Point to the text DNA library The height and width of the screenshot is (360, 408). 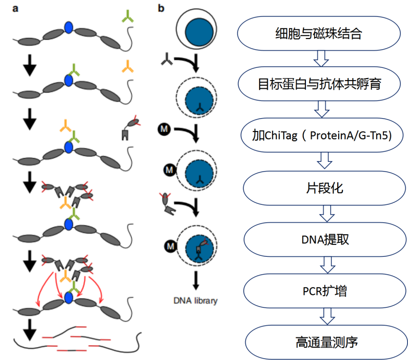coord(196,300)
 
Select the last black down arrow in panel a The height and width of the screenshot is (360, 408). coord(31,329)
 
